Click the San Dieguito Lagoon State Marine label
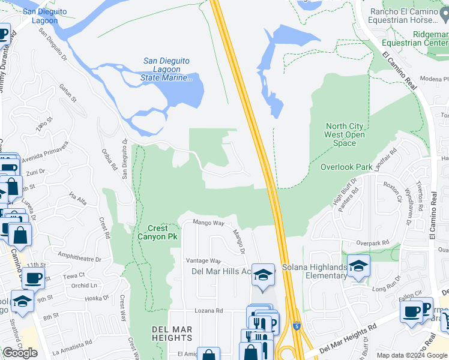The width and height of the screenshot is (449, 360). point(168,69)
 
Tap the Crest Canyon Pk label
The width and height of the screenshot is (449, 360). point(158,232)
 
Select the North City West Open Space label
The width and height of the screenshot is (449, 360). point(344,134)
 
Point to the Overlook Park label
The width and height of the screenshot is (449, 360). point(346,167)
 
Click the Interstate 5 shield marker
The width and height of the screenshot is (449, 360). point(297,325)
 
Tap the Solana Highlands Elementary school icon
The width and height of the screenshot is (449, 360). point(358,266)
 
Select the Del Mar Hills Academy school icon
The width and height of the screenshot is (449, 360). point(263,275)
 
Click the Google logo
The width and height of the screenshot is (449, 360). point(20,352)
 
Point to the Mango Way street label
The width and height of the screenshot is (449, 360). point(208,223)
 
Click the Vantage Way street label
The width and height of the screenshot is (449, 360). point(203,261)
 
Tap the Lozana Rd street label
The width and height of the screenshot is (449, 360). point(209,311)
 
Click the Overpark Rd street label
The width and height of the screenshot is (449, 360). point(368,243)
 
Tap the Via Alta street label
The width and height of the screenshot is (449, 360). point(79,197)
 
